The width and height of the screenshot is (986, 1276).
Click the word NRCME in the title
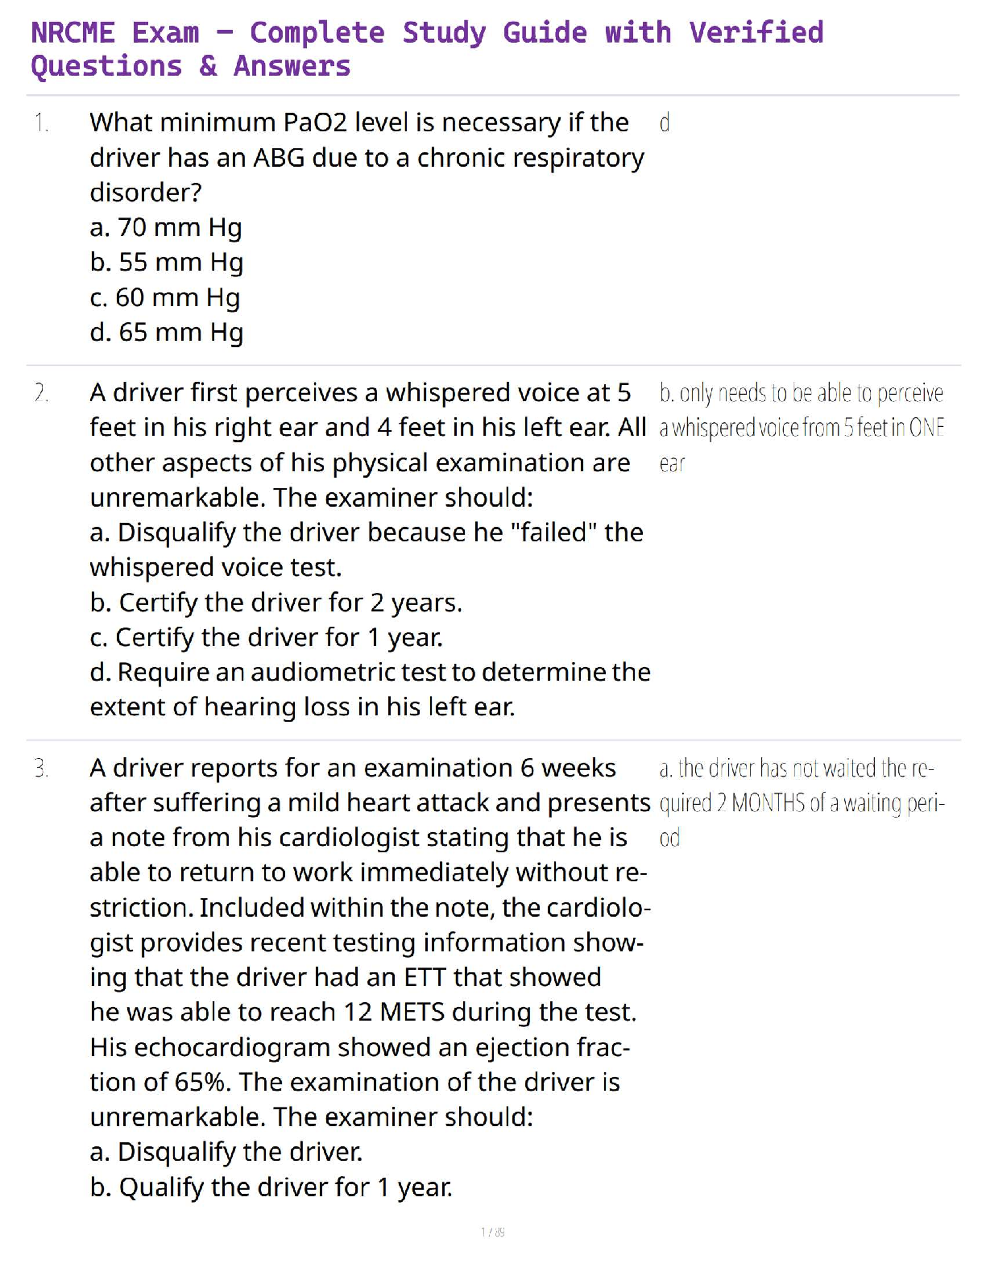click(x=72, y=33)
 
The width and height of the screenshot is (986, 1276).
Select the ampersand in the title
click(x=208, y=66)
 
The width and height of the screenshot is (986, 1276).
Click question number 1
click(x=41, y=123)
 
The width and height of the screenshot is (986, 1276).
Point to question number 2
click(x=41, y=393)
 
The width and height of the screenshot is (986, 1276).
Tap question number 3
click(x=41, y=768)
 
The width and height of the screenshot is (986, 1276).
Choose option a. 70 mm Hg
click(x=166, y=228)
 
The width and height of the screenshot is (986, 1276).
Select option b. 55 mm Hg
click(x=167, y=263)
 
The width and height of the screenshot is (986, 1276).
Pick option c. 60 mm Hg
click(x=165, y=298)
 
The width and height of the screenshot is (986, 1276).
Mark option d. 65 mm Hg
click(x=167, y=333)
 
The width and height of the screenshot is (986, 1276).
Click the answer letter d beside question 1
click(x=665, y=123)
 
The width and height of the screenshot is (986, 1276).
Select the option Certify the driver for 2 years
click(x=275, y=603)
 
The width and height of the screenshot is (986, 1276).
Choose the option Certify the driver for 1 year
click(x=266, y=638)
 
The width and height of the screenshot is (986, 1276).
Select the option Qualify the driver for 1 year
click(x=271, y=1187)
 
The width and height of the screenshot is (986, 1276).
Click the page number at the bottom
click(x=492, y=1232)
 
